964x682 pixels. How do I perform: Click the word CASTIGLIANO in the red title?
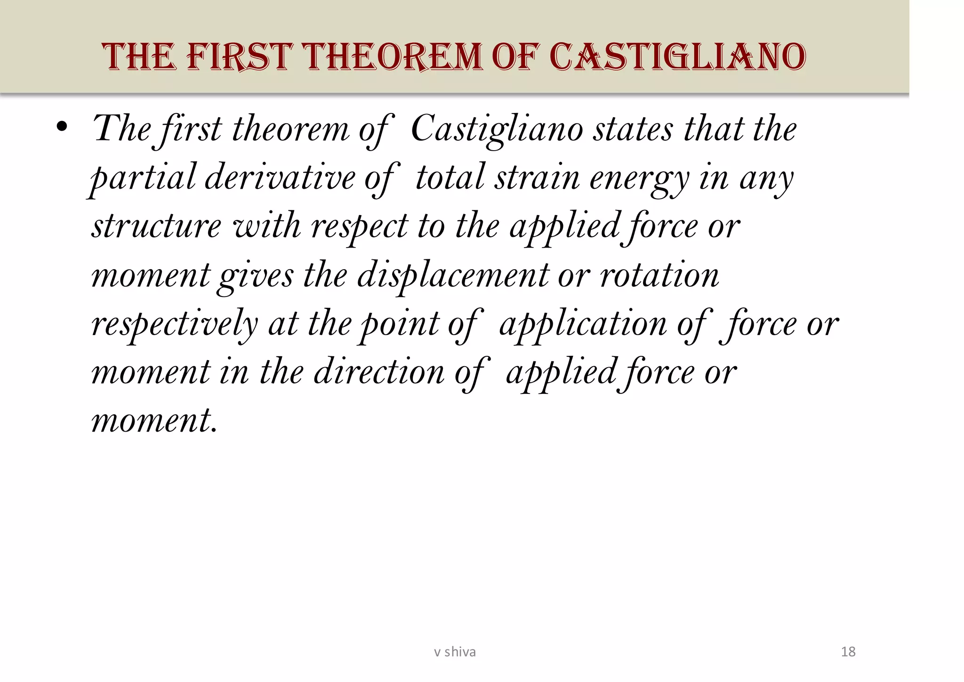pos(677,57)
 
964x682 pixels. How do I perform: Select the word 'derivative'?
pos(280,178)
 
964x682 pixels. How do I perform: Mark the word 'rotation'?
pos(659,275)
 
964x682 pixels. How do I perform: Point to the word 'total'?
pos(450,178)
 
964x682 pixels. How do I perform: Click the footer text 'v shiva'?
pos(455,652)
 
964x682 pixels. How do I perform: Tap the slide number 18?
pos(848,652)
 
